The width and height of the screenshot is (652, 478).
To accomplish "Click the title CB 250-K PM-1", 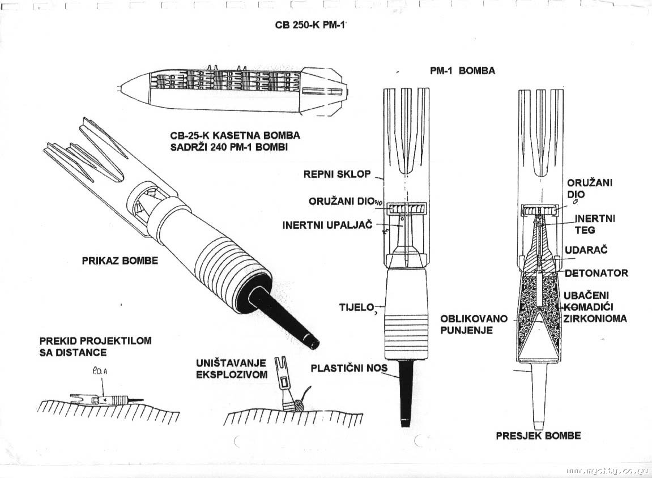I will click(310, 26).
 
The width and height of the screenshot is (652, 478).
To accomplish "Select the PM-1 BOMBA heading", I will click(462, 71).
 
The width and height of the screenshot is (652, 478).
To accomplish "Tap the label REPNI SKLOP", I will click(336, 174).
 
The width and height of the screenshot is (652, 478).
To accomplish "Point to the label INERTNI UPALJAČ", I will click(327, 225).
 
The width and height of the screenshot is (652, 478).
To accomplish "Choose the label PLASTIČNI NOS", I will click(348, 368).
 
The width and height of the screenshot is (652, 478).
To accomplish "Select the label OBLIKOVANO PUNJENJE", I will click(474, 323).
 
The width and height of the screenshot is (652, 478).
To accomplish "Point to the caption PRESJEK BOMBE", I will click(538, 436).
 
